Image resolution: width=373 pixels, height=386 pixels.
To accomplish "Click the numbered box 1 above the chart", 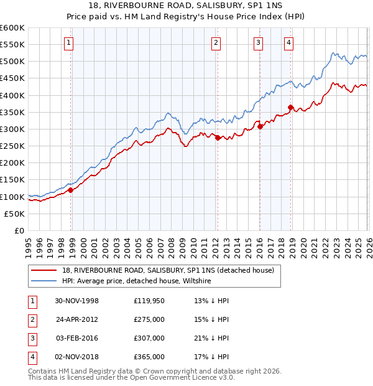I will pyautogui.click(x=68, y=43).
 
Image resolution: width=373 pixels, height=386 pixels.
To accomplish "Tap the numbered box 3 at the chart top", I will pyautogui.click(x=258, y=43).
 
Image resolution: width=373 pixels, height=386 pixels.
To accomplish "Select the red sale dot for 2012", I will pyautogui.click(x=218, y=138).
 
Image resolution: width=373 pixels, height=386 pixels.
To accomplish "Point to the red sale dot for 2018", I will pyautogui.click(x=290, y=108).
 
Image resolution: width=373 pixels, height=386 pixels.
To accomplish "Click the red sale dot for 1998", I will pyautogui.click(x=71, y=190).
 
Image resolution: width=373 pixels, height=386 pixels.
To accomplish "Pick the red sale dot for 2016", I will pyautogui.click(x=260, y=127).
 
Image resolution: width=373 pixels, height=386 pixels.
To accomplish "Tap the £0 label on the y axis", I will pyautogui.click(x=20, y=230).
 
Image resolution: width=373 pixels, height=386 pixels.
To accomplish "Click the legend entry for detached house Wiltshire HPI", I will pyautogui.click(x=137, y=281).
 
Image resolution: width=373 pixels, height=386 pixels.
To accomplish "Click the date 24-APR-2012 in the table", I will pyautogui.click(x=77, y=319).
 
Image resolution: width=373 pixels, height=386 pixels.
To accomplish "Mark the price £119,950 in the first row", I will pyautogui.click(x=149, y=301).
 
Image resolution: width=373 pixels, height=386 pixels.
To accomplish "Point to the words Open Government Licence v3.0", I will pyautogui.click(x=186, y=377).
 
